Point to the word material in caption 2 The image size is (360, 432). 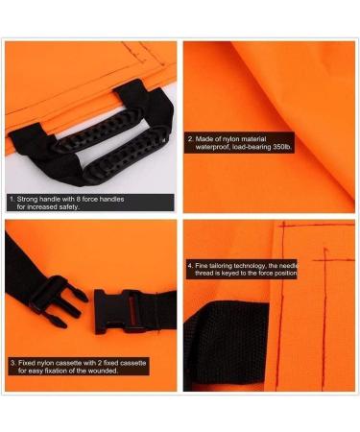coord(274,138)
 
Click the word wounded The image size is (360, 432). coord(104,372)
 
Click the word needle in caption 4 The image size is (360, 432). coord(321,263)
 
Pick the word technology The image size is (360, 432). coord(268,263)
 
